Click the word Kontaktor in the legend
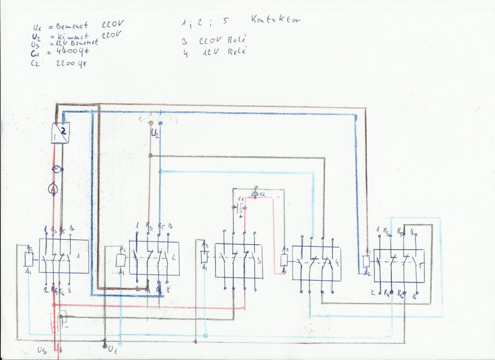point(276,20)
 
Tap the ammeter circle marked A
point(53,190)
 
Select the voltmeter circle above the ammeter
point(57,169)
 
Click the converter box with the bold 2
point(61,133)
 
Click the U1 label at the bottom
point(113,348)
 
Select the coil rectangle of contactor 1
point(29,259)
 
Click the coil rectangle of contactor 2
point(120,260)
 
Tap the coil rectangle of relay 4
point(284,260)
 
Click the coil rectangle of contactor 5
point(367,262)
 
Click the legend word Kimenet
point(73,36)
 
